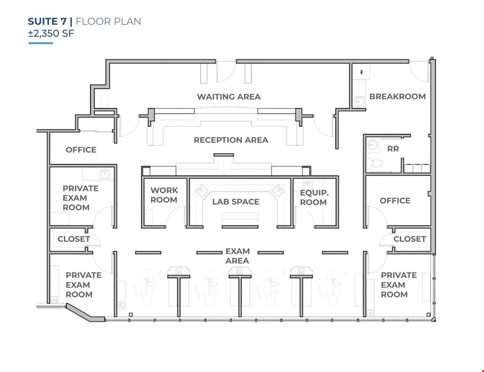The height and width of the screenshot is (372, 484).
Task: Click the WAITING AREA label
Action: (x=229, y=96)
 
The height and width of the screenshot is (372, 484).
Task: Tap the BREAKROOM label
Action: (x=397, y=96)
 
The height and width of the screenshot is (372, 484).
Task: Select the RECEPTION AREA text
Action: (x=231, y=140)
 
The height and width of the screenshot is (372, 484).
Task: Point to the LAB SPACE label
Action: (x=235, y=202)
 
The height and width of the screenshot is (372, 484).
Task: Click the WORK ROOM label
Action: (x=164, y=195)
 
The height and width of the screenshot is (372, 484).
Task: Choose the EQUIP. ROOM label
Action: (x=314, y=197)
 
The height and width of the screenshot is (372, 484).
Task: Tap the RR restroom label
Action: (x=393, y=149)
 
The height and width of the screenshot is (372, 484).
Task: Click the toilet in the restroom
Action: (x=374, y=163)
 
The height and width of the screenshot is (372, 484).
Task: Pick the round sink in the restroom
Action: (x=373, y=144)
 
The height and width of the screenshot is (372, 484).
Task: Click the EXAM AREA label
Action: (x=237, y=256)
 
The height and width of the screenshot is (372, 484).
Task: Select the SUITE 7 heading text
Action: (x=47, y=21)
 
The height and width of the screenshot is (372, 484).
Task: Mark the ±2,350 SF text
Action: (x=51, y=33)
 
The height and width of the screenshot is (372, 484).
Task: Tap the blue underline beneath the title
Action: (x=41, y=43)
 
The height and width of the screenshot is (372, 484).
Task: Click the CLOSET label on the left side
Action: (x=74, y=239)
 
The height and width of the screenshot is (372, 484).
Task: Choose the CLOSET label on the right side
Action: (x=410, y=239)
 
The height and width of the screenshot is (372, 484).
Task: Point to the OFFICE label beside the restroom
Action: (x=395, y=201)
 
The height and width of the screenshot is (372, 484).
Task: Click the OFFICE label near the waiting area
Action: (x=81, y=150)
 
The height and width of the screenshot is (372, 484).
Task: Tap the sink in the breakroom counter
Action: (x=359, y=101)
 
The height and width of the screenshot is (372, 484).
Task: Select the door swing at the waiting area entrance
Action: (x=225, y=73)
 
